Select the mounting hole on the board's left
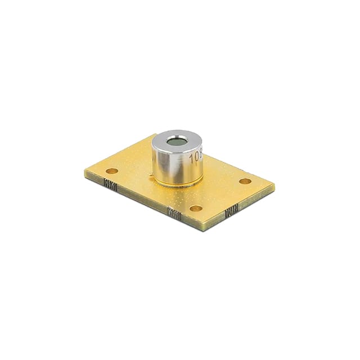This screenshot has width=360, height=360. pyautogui.click(x=112, y=170)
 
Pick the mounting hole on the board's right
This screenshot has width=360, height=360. pyautogui.click(x=245, y=181)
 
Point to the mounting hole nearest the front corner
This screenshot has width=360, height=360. pyautogui.click(x=196, y=208)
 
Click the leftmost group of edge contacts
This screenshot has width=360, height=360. pyautogui.click(x=111, y=184)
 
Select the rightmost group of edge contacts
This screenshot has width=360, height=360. pyautogui.click(x=231, y=213)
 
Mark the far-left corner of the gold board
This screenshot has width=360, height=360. pyautogui.click(x=85, y=175)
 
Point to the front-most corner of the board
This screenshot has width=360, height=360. pyautogui.click(x=207, y=228)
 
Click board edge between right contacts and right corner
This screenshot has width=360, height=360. pyautogui.click(x=256, y=199)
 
